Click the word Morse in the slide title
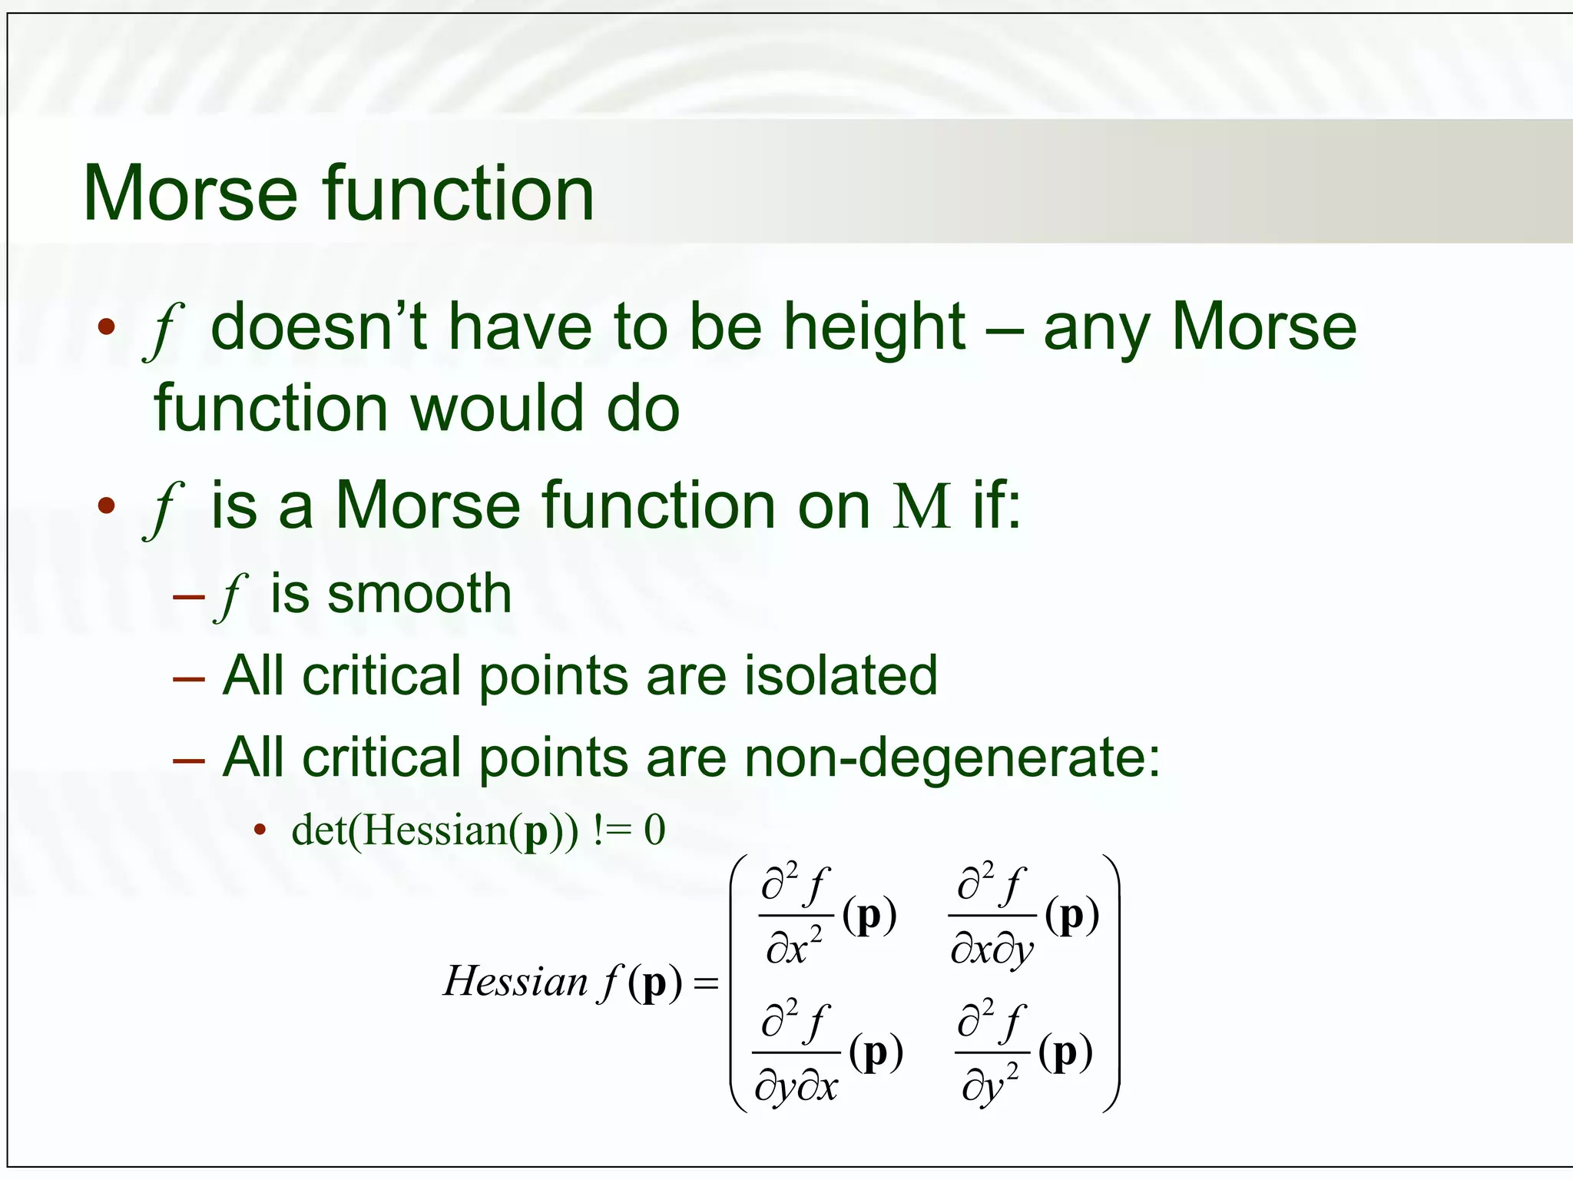coord(190,194)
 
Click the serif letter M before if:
coord(921,507)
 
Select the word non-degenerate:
coord(952,757)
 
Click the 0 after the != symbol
coord(654,831)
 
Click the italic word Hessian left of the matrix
coord(515,982)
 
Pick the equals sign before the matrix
coord(705,983)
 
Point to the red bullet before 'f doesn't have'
coord(106,327)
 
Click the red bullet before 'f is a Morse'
coord(106,506)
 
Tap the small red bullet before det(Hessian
coord(260,830)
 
